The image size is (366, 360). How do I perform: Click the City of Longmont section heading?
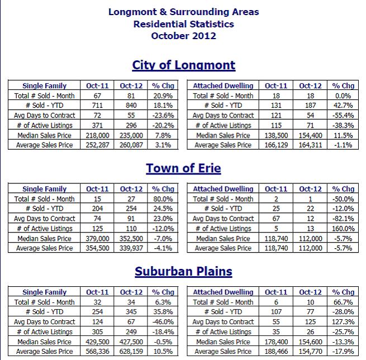click(x=184, y=65)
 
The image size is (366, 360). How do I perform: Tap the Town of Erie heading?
click(x=183, y=168)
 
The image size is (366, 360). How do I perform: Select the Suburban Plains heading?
click(x=183, y=271)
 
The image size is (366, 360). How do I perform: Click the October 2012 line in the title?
click(x=183, y=36)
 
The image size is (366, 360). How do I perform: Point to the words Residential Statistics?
click(x=183, y=24)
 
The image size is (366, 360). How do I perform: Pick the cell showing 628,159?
click(x=131, y=352)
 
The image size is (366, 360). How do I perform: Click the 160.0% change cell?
click(x=343, y=228)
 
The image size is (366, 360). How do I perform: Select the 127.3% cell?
click(x=343, y=322)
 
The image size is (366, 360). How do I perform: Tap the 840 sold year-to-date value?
click(x=131, y=105)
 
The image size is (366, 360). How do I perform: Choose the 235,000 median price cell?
click(x=131, y=135)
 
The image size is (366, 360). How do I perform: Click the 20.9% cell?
click(x=163, y=96)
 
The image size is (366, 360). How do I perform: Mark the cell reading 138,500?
click(x=276, y=135)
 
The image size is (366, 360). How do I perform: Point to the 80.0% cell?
click(x=163, y=199)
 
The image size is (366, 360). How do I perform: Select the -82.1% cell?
click(x=343, y=219)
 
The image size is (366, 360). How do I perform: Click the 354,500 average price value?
click(x=97, y=248)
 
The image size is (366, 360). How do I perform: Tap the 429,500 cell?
click(x=97, y=342)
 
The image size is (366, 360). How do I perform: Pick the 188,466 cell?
click(x=276, y=352)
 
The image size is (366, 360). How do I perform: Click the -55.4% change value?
click(x=343, y=115)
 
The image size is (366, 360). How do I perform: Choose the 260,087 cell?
click(x=131, y=145)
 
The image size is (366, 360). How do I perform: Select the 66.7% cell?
click(x=343, y=302)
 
